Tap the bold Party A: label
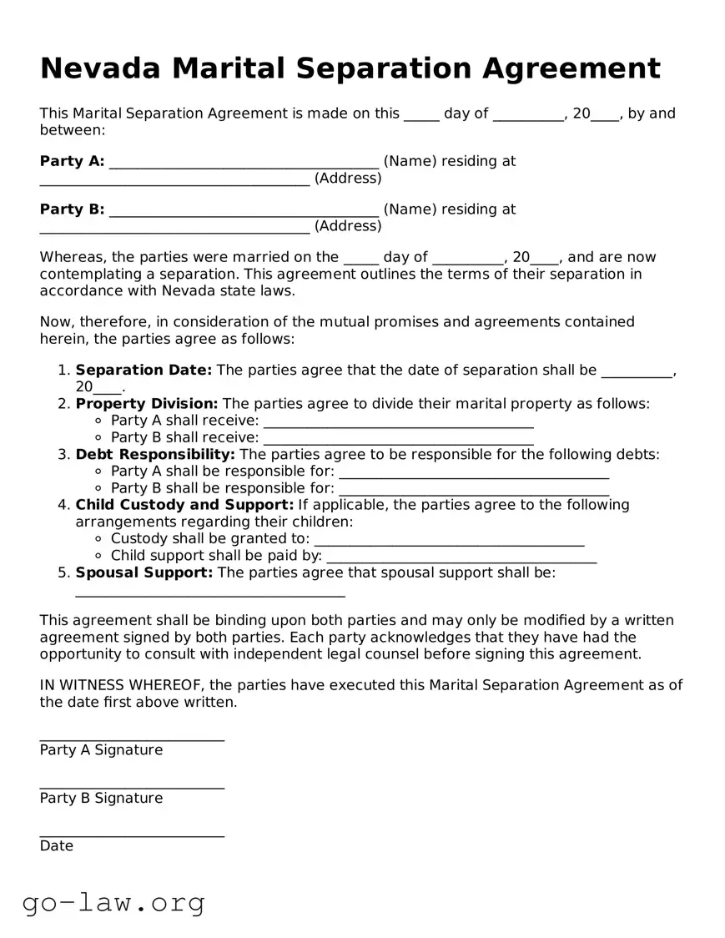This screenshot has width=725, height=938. pos(72,161)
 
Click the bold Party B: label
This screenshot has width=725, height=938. pos(72,209)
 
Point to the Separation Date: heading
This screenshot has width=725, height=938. pos(143,370)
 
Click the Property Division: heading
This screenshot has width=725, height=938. pos(147,404)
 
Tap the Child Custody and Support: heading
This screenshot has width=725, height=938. pos(184,505)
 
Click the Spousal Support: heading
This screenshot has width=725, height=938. pos(144,572)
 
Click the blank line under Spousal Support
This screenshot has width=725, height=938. pos(209,595)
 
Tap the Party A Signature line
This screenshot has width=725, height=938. pos(132,739)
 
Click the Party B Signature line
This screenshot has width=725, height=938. pos(132,787)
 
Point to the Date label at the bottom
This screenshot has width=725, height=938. pos(57,846)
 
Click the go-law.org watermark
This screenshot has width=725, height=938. pos(113,902)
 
